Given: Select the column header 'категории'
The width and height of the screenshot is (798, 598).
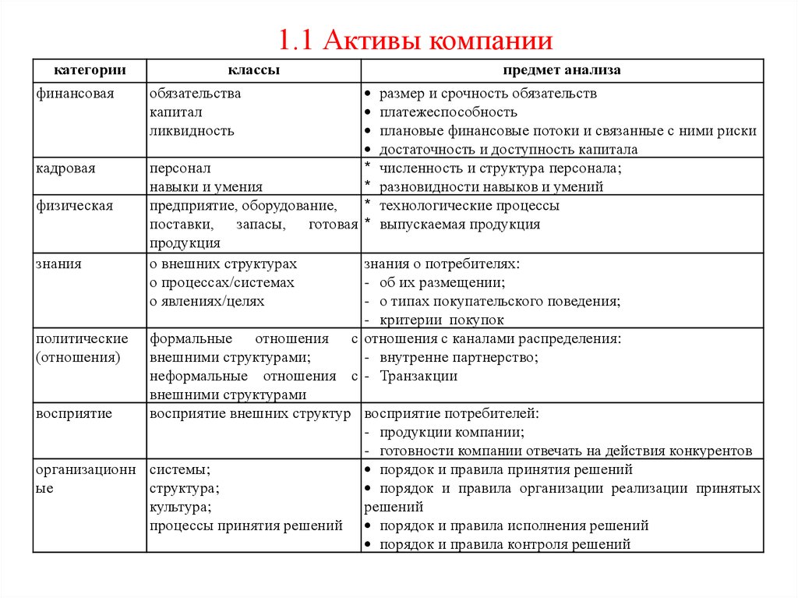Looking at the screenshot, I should click(x=90, y=70).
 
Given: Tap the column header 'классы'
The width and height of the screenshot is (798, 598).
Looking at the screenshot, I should click(x=254, y=70).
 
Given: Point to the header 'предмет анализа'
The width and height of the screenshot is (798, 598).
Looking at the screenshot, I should click(x=561, y=70).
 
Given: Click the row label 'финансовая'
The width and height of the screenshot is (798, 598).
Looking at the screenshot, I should click(x=75, y=94).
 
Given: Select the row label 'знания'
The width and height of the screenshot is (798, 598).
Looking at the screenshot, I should click(x=58, y=264).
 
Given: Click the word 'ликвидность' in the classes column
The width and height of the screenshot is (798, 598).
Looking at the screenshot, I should click(x=192, y=131).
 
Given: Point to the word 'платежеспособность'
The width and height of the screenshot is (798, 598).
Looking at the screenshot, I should click(x=448, y=112).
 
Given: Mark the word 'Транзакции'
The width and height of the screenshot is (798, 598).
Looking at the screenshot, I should click(x=418, y=376).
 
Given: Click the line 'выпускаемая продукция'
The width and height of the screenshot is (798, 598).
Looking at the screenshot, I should click(x=460, y=225).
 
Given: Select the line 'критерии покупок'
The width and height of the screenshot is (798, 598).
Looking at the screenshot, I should click(x=442, y=320).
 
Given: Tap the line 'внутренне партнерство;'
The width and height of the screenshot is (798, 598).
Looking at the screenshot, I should click(x=459, y=357).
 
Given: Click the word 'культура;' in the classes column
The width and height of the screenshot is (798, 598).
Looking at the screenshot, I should click(x=180, y=507).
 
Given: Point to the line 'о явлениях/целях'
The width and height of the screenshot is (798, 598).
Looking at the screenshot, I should click(x=207, y=301).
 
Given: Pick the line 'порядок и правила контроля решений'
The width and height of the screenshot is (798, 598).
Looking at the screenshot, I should click(x=505, y=544).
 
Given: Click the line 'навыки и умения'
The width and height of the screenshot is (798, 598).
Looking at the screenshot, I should click(x=206, y=187).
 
